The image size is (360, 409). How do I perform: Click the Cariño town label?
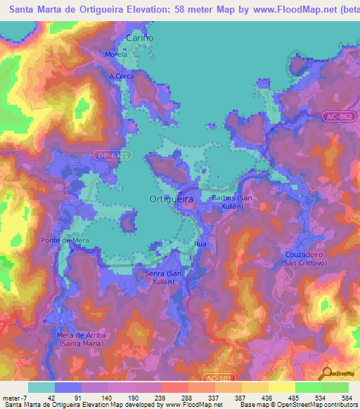[139, 37]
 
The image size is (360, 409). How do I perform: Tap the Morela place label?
[115, 54]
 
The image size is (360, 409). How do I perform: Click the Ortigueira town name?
[172, 199]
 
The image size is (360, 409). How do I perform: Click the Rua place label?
[200, 244]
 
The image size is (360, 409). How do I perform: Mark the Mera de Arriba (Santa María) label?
[82, 339]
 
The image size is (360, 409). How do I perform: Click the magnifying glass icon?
[327, 374]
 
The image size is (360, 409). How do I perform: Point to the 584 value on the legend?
[348, 397]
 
